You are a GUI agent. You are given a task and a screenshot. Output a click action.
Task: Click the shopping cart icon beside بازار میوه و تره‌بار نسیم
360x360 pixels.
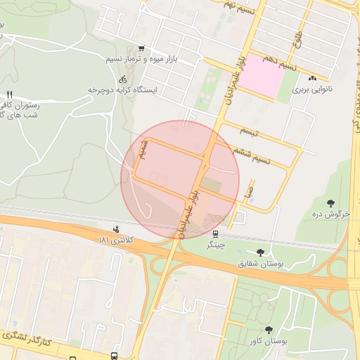pos(141,49)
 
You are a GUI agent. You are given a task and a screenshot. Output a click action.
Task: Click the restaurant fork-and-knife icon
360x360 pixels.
pos(9,95)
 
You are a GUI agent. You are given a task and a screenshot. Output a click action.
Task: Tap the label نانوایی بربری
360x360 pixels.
pos(311,91)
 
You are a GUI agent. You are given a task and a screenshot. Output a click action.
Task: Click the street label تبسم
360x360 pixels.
pos(249,132)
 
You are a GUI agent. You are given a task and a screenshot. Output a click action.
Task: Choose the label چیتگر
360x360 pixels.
pos(215,247)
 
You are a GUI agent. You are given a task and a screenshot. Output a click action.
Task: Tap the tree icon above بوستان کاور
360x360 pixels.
pos(270,329)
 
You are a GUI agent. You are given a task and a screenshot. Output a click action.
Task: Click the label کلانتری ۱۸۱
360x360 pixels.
pos(116,241)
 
